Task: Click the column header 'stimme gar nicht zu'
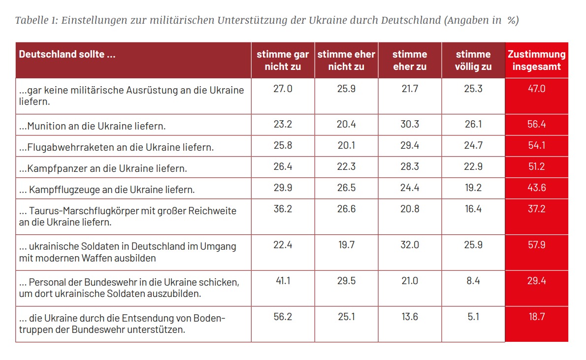pyautogui.click(x=283, y=60)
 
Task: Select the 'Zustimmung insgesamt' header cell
pyautogui.click(x=536, y=60)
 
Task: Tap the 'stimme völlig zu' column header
pyautogui.click(x=473, y=60)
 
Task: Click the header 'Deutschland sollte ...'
pyautogui.click(x=67, y=54)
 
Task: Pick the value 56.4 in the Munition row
pyautogui.click(x=536, y=125)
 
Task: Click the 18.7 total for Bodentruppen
pyautogui.click(x=536, y=317)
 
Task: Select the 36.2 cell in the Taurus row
pyautogui.click(x=283, y=209)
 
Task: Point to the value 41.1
pyautogui.click(x=283, y=281)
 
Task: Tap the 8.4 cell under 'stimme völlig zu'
pyautogui.click(x=473, y=281)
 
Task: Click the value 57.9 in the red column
pyautogui.click(x=536, y=245)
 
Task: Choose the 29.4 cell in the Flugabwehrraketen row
pyautogui.click(x=410, y=146)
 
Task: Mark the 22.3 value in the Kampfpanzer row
pyautogui.click(x=346, y=167)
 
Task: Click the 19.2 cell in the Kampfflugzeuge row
pyautogui.click(x=473, y=188)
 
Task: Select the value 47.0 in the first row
pyautogui.click(x=536, y=89)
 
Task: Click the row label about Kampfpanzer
pyautogui.click(x=103, y=169)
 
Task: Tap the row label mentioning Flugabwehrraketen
pyautogui.click(x=116, y=147)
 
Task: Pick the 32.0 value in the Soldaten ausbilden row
pyautogui.click(x=410, y=245)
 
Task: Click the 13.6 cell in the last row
pyautogui.click(x=410, y=317)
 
